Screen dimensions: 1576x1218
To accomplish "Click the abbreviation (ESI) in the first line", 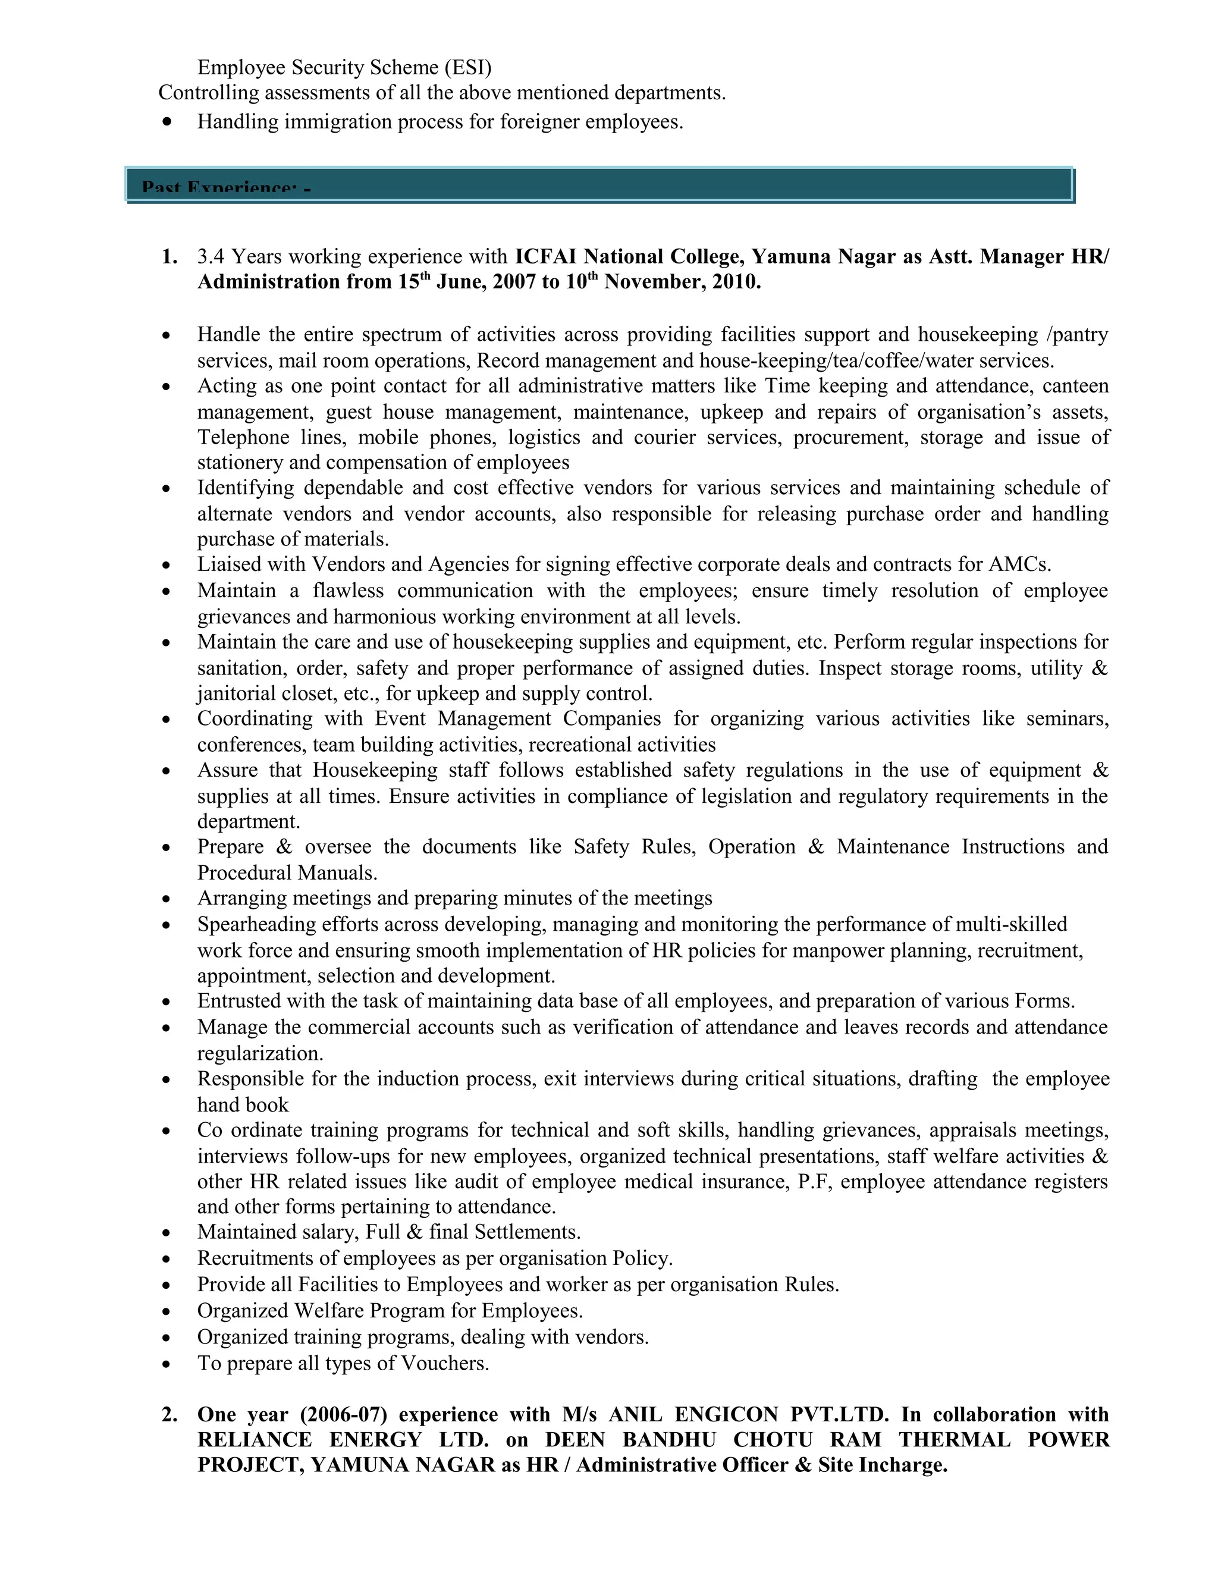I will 467,68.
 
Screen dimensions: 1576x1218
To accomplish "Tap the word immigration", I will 338,122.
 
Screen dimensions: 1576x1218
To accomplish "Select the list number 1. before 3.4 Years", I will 169,257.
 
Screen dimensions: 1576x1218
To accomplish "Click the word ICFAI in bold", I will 545,257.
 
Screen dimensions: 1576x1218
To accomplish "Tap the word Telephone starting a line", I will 243,437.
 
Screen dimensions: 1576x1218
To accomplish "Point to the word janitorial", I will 234,693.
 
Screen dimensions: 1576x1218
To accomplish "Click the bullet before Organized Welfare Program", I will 167,1312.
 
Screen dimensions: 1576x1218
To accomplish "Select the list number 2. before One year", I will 169,1414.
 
